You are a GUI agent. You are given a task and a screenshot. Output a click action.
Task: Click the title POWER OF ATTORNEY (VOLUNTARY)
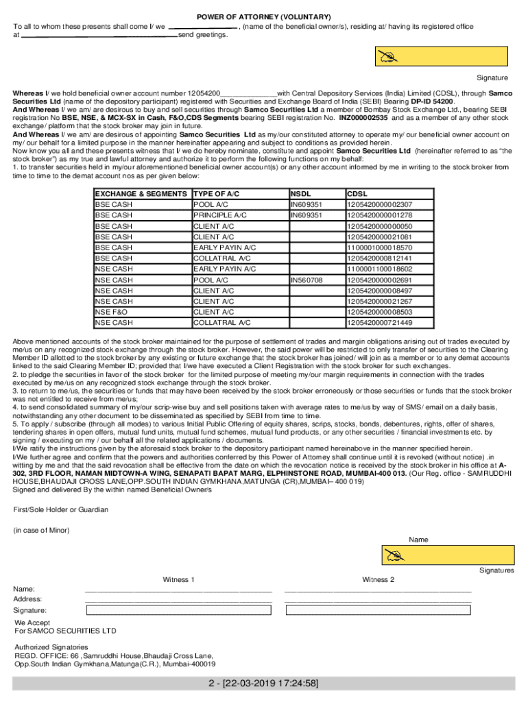[x=264, y=16]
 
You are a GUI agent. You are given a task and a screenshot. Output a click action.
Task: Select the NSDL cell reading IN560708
[x=306, y=280]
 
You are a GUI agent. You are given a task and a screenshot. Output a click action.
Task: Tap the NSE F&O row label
[x=111, y=312]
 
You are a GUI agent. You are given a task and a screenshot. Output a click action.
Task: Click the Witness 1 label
[x=179, y=579]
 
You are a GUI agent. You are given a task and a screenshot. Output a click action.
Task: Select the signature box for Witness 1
[x=179, y=610]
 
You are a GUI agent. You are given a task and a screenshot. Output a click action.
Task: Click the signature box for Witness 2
[x=378, y=610]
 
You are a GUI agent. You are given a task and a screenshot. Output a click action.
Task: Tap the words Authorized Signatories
[x=51, y=647]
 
